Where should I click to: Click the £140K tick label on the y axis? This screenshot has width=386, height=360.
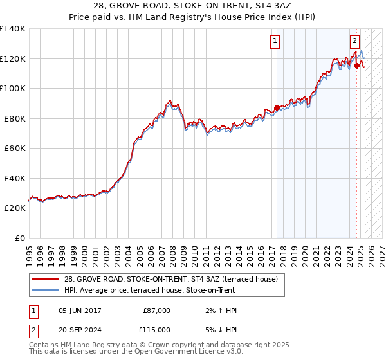tap(13, 29)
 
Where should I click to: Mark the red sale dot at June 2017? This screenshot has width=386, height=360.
tap(277, 107)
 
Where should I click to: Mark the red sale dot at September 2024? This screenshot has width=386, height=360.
tap(356, 65)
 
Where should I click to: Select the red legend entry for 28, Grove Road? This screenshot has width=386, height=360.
tap(170, 279)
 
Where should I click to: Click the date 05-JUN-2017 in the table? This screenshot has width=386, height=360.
tap(80, 310)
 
